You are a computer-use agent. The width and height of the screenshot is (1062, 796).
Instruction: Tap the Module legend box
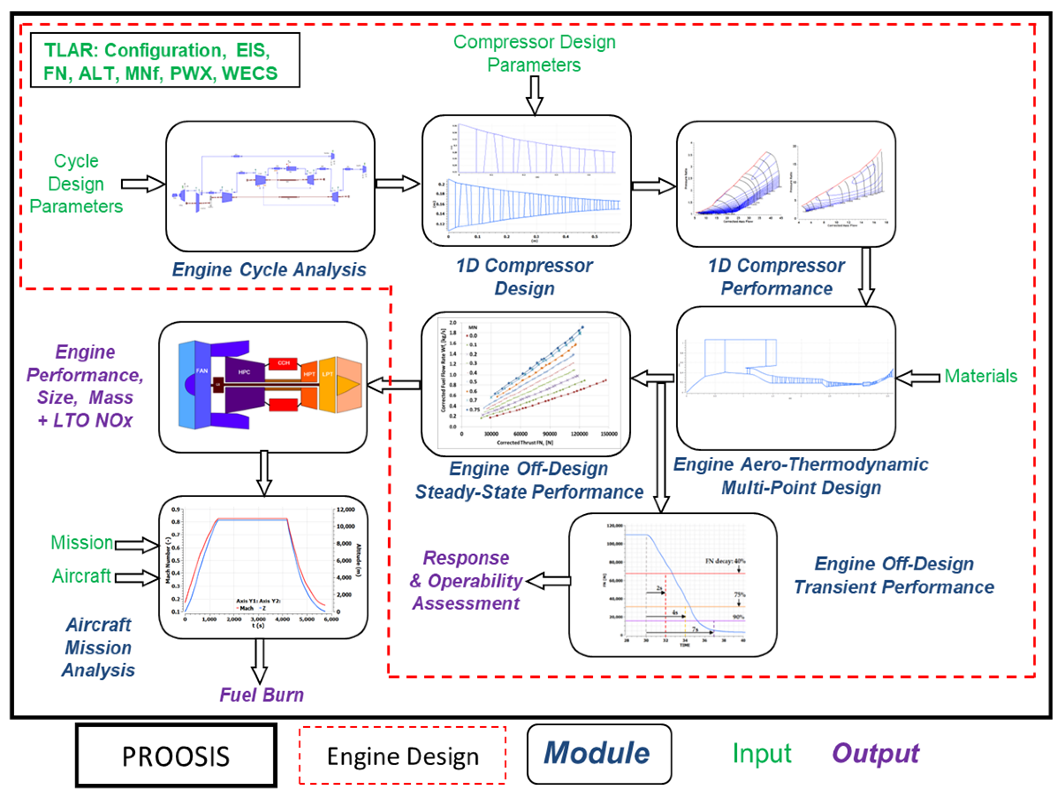[599, 754]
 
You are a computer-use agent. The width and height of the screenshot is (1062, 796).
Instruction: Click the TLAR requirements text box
[165, 60]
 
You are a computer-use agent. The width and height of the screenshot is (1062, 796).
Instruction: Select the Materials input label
[980, 376]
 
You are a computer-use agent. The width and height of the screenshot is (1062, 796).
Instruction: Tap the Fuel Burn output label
[262, 695]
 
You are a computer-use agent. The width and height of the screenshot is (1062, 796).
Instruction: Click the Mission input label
[82, 542]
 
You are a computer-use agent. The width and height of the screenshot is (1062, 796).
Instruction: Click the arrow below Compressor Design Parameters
[534, 95]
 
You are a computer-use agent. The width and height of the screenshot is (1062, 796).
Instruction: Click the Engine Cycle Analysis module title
[269, 270]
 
